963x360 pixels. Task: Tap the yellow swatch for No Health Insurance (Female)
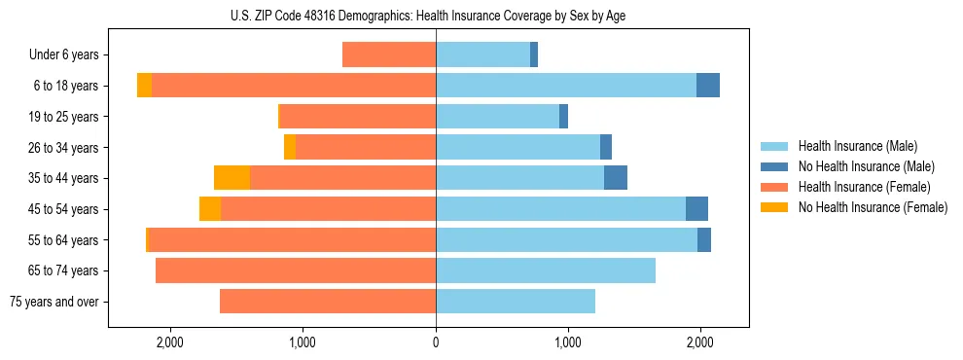(775, 207)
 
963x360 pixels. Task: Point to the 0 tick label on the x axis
(436, 342)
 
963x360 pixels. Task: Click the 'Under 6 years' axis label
(63, 55)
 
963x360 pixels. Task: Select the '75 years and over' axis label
(53, 302)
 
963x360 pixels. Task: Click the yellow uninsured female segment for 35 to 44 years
(232, 178)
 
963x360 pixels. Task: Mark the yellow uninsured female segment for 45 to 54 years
(210, 209)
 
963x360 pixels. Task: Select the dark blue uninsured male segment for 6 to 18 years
(708, 86)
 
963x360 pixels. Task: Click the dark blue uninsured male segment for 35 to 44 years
(616, 178)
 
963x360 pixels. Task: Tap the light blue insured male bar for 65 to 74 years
(546, 270)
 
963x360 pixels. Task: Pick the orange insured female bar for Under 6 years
(389, 55)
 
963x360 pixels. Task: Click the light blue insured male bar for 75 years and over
(516, 302)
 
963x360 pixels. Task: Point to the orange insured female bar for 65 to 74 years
(296, 270)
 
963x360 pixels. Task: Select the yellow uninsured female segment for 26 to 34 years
(290, 147)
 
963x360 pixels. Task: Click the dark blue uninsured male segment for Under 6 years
(534, 55)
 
